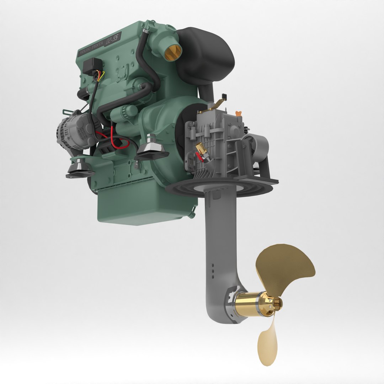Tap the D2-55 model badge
point(114,37)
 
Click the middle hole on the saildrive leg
point(213,271)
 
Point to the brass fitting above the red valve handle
point(200,146)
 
